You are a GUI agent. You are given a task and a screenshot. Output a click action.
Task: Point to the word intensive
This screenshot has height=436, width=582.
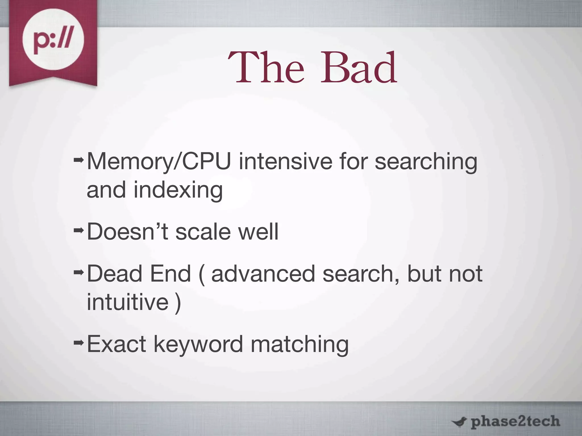pos(285,161)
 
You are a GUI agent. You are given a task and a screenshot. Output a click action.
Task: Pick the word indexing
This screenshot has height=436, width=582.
pos(178,190)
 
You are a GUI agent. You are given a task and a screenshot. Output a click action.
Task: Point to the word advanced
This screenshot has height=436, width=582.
pos(263,274)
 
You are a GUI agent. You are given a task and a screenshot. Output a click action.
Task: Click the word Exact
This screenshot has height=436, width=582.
pos(117,344)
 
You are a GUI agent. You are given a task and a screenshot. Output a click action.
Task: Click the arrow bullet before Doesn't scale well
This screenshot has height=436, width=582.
pos(78,230)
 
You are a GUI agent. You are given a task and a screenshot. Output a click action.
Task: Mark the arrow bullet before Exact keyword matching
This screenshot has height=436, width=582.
pos(78,343)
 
